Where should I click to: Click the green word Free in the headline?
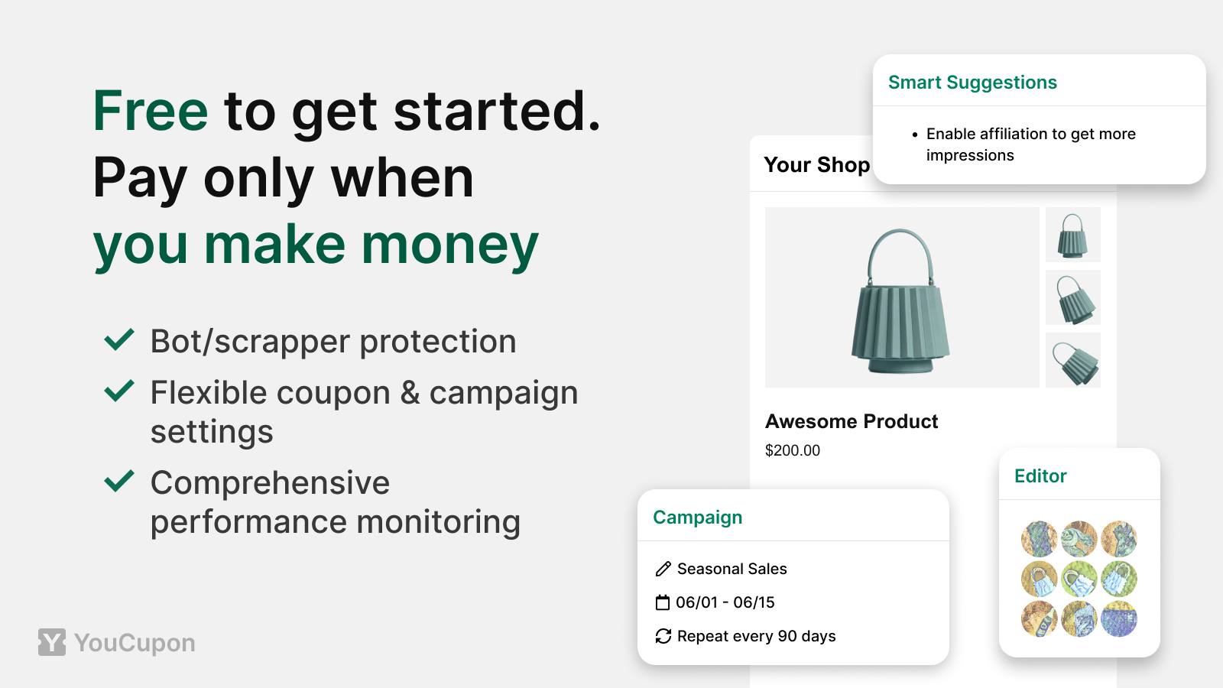click(150, 111)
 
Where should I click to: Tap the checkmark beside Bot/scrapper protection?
click(119, 339)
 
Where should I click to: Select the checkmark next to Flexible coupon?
click(119, 391)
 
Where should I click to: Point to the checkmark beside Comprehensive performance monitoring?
click(119, 481)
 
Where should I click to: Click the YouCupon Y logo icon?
click(52, 642)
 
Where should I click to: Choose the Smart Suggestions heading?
click(972, 83)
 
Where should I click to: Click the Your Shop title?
click(817, 165)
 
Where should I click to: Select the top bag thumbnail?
click(1073, 235)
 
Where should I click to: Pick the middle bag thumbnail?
click(1073, 297)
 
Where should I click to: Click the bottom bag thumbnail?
click(1073, 360)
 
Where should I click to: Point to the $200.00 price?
click(792, 450)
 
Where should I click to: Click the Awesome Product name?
click(852, 421)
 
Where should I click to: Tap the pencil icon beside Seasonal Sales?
click(663, 569)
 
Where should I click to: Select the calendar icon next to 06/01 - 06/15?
click(662, 603)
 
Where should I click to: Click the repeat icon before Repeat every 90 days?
click(663, 636)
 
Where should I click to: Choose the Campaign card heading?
click(697, 517)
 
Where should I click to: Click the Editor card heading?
click(1040, 476)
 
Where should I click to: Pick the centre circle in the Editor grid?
click(1079, 579)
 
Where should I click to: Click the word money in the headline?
click(450, 245)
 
